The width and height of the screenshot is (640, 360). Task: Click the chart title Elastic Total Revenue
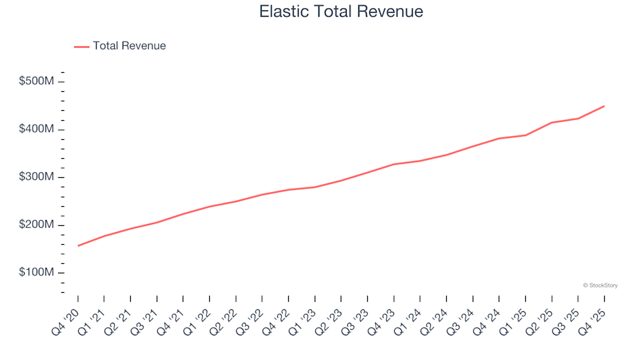pos(341,11)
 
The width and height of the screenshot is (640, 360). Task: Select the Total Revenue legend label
pos(129,46)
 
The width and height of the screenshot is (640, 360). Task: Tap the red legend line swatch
pos(81,47)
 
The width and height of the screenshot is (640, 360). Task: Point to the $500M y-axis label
pos(37,81)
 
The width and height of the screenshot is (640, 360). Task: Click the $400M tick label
pos(37,129)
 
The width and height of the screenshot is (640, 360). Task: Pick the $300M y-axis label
pos(37,177)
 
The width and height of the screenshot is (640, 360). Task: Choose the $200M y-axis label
pos(37,225)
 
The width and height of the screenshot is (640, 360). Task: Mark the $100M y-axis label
pos(37,273)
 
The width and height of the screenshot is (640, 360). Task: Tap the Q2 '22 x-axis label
pos(223,319)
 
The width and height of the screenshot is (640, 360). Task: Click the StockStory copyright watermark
pos(600,285)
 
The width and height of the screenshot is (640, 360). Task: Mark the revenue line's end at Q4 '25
pos(604,106)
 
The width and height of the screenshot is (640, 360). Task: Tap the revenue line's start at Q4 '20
pos(78,246)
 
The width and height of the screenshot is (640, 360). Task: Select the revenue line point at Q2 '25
pos(552,123)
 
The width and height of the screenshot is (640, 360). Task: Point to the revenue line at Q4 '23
pos(394,164)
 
